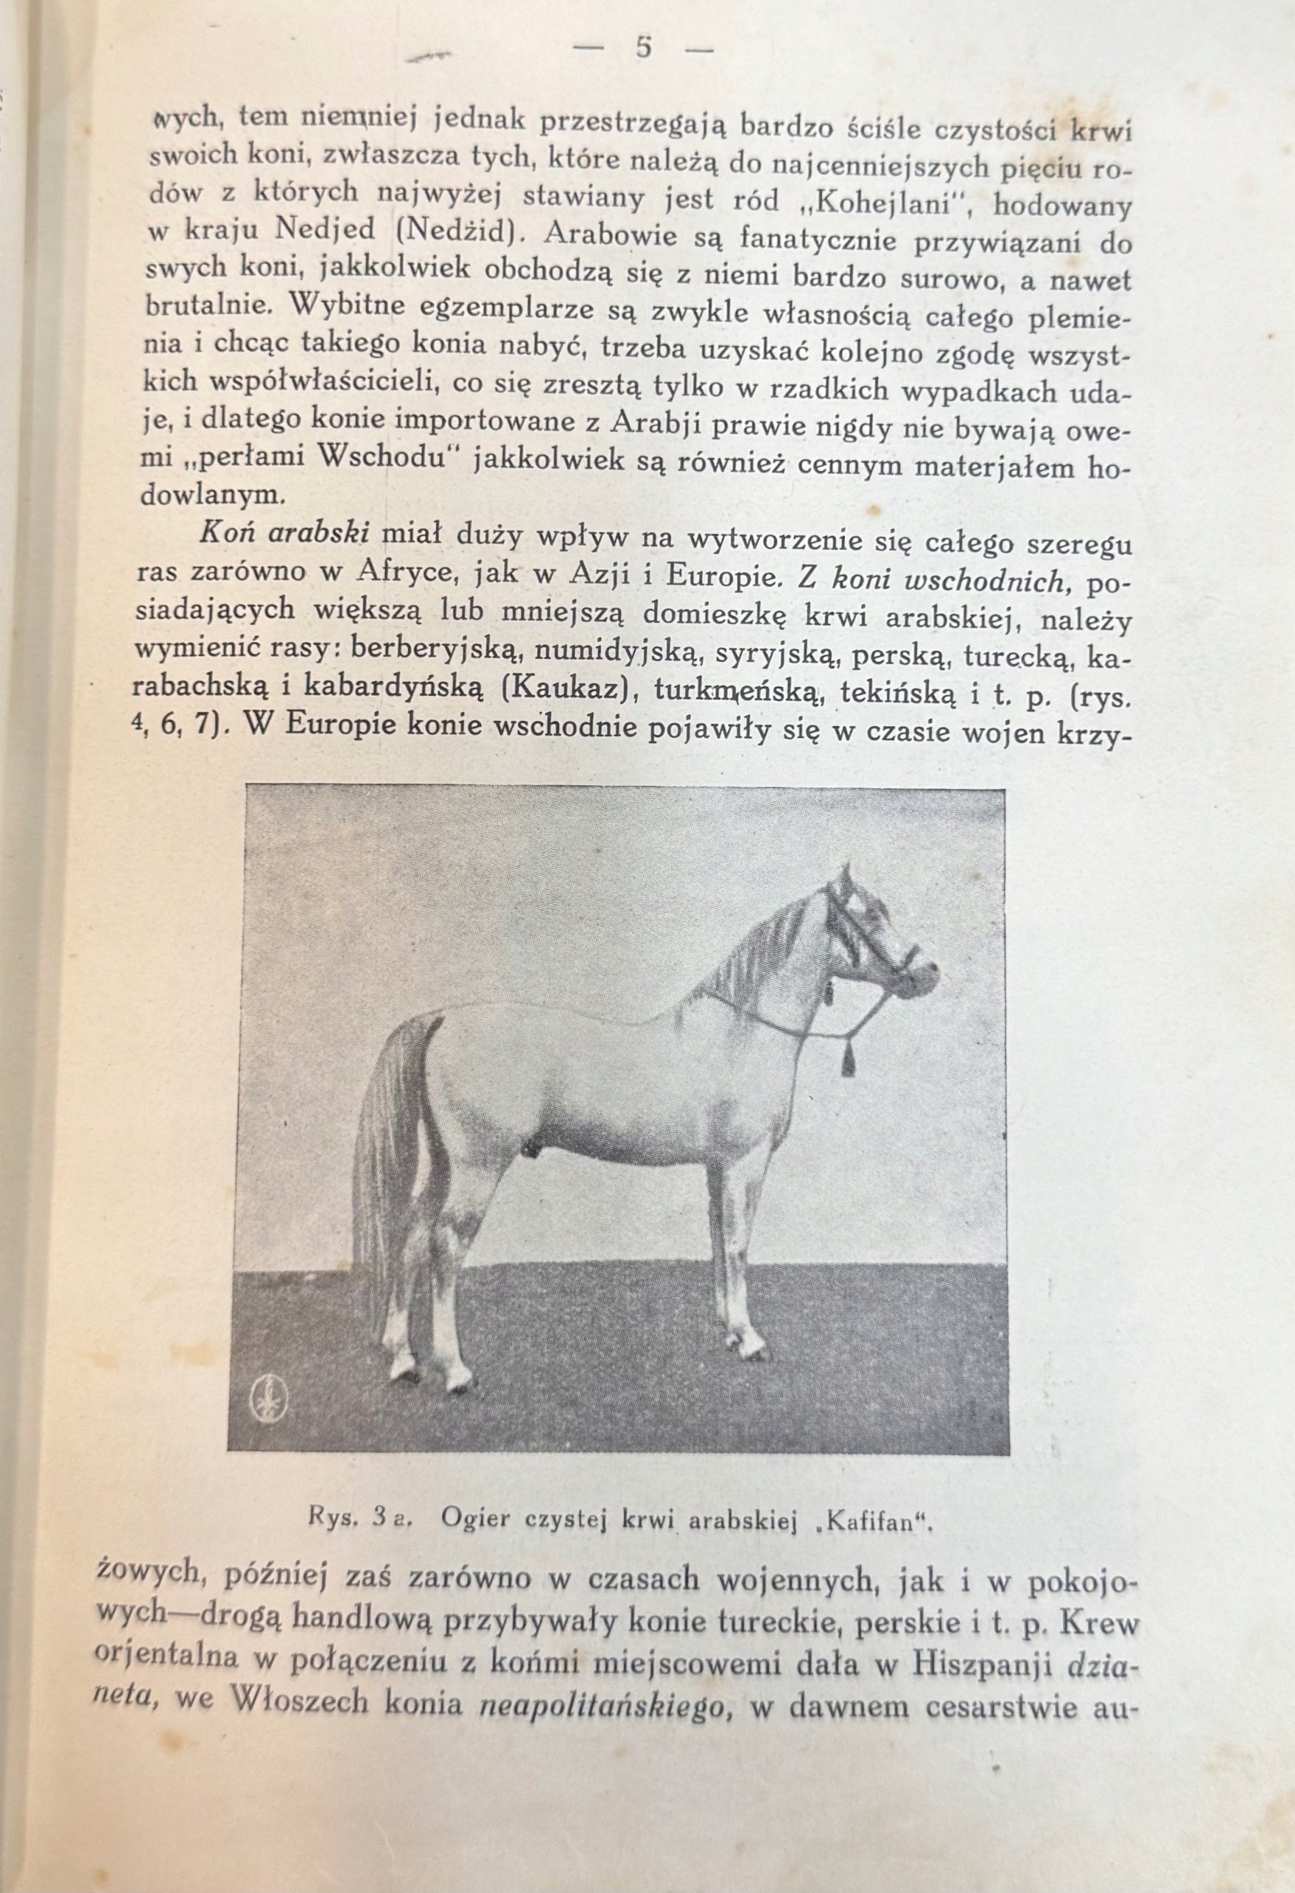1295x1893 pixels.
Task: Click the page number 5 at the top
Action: click(642, 49)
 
